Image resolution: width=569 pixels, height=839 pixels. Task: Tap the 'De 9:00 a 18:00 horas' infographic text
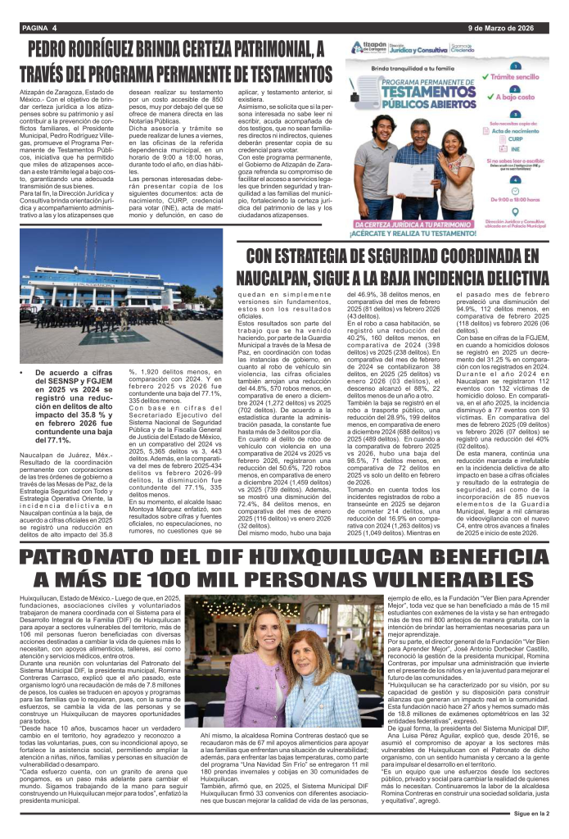521,197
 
